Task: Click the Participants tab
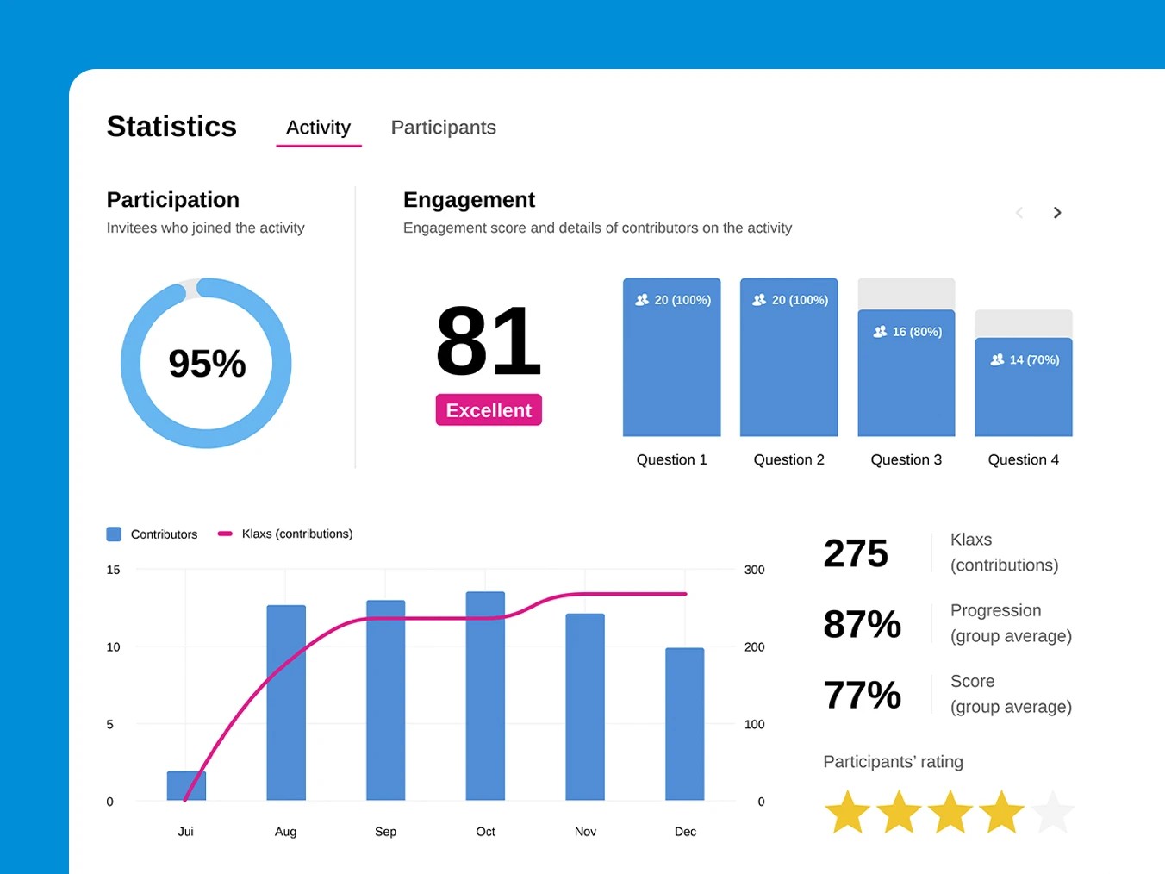pos(443,128)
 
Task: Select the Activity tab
pos(318,128)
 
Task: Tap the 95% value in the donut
pos(207,364)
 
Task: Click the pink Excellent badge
pos(489,410)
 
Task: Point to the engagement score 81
pos(489,341)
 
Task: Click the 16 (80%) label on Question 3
pos(907,332)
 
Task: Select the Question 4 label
pos(1023,460)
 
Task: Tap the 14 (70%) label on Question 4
pos(1025,360)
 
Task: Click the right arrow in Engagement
pos(1057,213)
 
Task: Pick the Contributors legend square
pos(114,534)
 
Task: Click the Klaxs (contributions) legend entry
pos(296,534)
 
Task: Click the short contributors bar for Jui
pos(186,785)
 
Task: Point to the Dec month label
pos(685,832)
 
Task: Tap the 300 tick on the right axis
pos(754,570)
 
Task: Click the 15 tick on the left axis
pos(113,570)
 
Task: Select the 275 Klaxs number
pos(856,553)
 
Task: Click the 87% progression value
pos(862,624)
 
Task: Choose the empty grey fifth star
pos(1052,812)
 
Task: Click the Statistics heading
pos(171,127)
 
